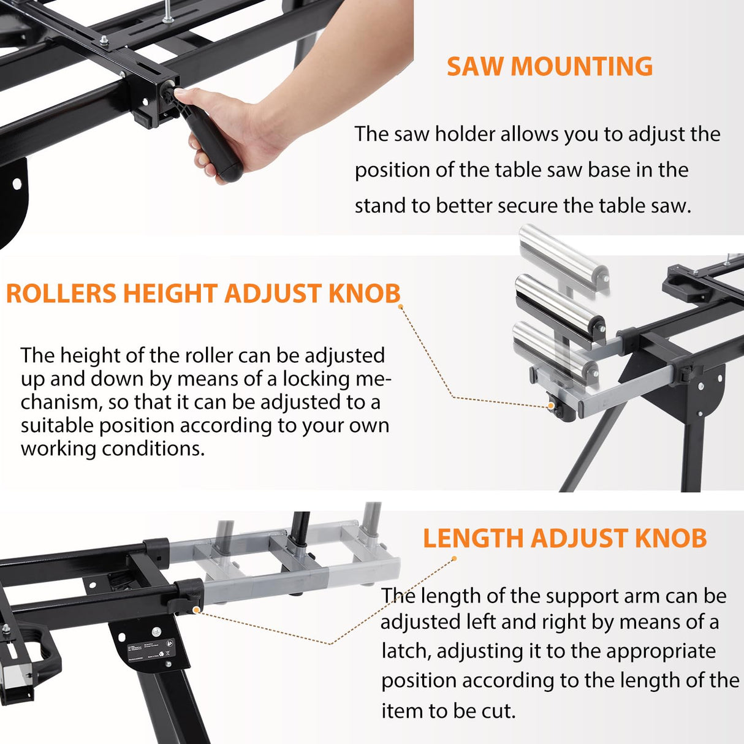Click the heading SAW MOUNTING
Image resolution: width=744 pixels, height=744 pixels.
549,66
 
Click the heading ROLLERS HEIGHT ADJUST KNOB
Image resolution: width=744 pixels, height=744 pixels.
203,294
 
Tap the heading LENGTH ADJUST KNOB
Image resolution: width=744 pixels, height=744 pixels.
564,538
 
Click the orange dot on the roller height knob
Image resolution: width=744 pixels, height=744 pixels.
551,406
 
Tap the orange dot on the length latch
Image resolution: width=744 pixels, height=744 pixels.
196,610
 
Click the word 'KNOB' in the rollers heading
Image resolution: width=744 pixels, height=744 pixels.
364,294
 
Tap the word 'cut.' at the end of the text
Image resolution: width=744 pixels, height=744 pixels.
498,711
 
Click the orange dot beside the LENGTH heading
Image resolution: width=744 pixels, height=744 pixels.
454,558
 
